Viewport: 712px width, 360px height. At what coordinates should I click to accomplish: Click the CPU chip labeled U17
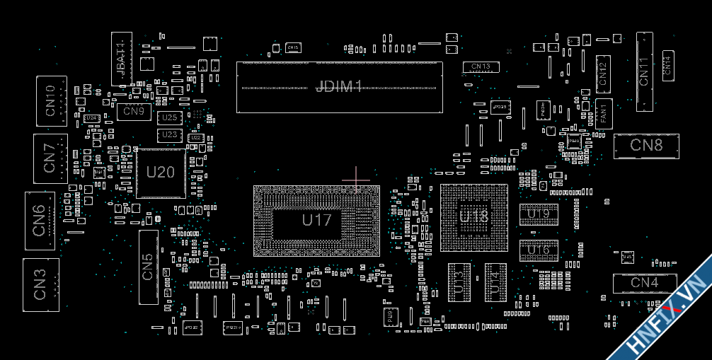316,220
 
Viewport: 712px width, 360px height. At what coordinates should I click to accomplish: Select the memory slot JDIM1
339,87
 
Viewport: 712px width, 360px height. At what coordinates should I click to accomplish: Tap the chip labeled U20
161,173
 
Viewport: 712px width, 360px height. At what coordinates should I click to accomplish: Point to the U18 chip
473,217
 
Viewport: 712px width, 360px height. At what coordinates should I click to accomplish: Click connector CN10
51,100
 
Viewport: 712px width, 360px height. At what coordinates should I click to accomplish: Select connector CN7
50,158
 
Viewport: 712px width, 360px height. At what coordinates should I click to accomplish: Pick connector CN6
40,220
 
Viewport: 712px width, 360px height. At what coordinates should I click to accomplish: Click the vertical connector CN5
148,267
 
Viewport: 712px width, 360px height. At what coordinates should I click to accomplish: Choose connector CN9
134,111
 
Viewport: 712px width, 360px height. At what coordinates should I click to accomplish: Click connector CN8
645,145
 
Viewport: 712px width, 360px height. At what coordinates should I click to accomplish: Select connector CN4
644,283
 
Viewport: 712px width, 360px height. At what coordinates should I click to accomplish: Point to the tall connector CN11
644,71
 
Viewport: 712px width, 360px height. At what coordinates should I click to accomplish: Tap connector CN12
602,74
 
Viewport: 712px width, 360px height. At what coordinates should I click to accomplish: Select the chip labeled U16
539,250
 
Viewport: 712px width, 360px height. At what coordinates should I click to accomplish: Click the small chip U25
169,117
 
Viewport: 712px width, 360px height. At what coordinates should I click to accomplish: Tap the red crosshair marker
355,179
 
